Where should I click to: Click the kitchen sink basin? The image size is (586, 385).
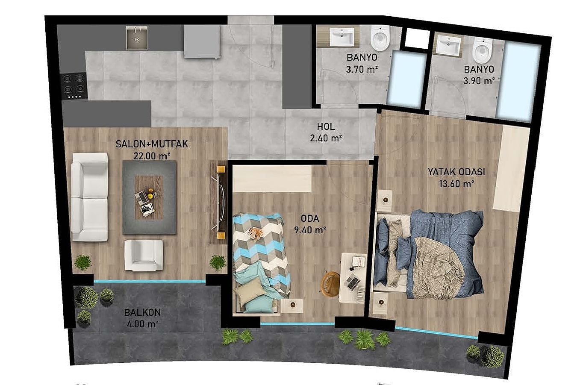tap(136, 38)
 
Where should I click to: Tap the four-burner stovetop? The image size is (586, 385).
tap(74, 86)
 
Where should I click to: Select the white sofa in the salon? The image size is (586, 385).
tap(89, 197)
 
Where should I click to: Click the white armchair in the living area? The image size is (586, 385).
tap(144, 255)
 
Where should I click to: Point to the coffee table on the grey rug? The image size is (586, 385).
tap(149, 197)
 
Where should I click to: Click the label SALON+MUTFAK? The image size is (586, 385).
tap(152, 144)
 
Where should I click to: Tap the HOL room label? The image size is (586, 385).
tap(326, 127)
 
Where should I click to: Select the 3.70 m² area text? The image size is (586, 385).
tap(362, 69)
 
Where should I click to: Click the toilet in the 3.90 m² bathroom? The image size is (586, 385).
tap(483, 50)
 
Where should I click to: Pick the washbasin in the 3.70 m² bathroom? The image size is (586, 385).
tap(342, 37)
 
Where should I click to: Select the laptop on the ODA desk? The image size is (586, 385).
tap(352, 282)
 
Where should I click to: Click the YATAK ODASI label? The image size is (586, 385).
tap(456, 172)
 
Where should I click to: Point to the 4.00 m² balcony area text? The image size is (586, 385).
tap(143, 324)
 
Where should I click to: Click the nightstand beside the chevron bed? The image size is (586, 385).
tap(292, 305)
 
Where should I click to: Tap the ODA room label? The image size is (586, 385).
tap(310, 218)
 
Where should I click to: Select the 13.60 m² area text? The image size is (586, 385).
tap(456, 184)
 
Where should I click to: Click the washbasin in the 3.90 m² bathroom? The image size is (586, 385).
tap(448, 45)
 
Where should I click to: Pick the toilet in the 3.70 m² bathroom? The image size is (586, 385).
tap(380, 38)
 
